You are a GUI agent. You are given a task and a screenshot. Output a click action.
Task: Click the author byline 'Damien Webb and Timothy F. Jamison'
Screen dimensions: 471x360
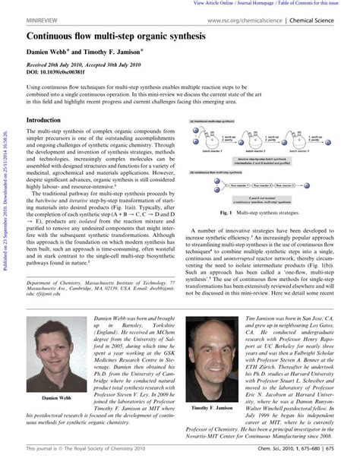(x=84, y=53)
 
